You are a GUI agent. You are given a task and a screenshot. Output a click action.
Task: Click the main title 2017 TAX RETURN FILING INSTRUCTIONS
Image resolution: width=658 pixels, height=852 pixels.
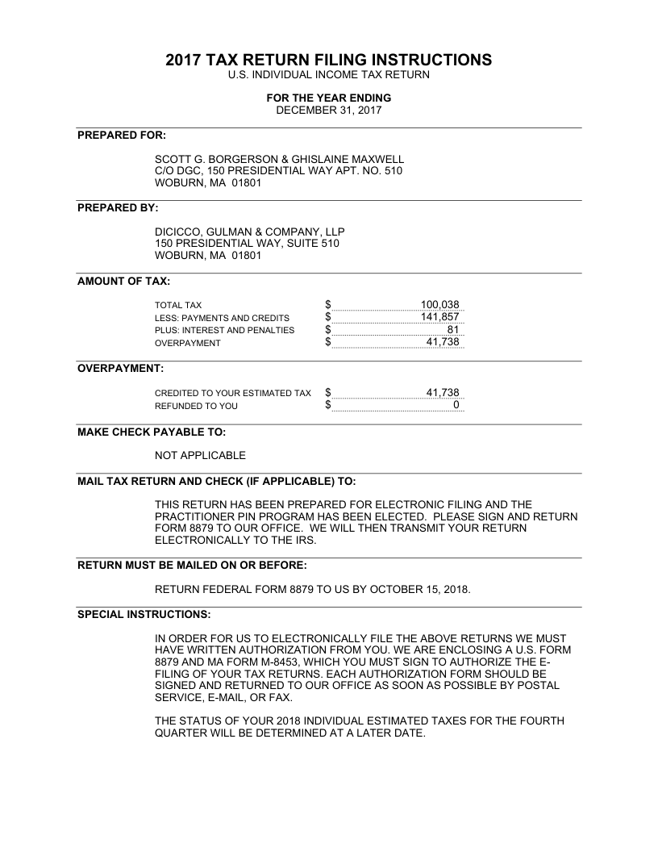pos(328,60)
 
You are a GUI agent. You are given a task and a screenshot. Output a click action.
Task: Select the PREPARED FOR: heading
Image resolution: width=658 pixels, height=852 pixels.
pos(122,135)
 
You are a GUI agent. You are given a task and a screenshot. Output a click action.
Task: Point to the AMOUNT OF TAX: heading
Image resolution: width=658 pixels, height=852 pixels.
pos(123,281)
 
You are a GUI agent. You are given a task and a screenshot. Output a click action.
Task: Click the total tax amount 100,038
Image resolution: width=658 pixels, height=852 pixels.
pos(439,305)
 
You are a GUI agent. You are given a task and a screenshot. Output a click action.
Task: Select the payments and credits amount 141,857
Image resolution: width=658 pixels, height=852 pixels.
pos(439,318)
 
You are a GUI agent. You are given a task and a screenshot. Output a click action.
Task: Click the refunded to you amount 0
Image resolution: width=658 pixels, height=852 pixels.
pos(456,405)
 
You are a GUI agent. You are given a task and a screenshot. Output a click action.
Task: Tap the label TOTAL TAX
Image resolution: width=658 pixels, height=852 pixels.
pos(178,306)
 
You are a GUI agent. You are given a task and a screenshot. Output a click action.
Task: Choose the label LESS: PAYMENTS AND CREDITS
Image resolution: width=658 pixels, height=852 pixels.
pos(222,318)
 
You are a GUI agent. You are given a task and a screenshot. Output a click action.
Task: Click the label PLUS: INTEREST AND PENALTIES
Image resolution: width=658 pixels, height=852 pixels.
pos(225,330)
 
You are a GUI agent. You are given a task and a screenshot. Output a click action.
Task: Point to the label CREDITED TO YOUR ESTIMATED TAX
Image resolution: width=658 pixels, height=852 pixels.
pos(232,393)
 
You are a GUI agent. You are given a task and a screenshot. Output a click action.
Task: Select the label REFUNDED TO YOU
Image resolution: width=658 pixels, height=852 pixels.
pos(196,406)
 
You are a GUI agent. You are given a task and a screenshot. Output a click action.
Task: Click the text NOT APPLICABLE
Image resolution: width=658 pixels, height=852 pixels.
pos(200,456)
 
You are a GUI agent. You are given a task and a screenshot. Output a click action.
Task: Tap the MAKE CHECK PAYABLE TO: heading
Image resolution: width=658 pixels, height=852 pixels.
pos(152,432)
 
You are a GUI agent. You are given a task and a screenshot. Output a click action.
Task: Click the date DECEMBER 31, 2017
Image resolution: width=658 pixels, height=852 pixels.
pos(328,110)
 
